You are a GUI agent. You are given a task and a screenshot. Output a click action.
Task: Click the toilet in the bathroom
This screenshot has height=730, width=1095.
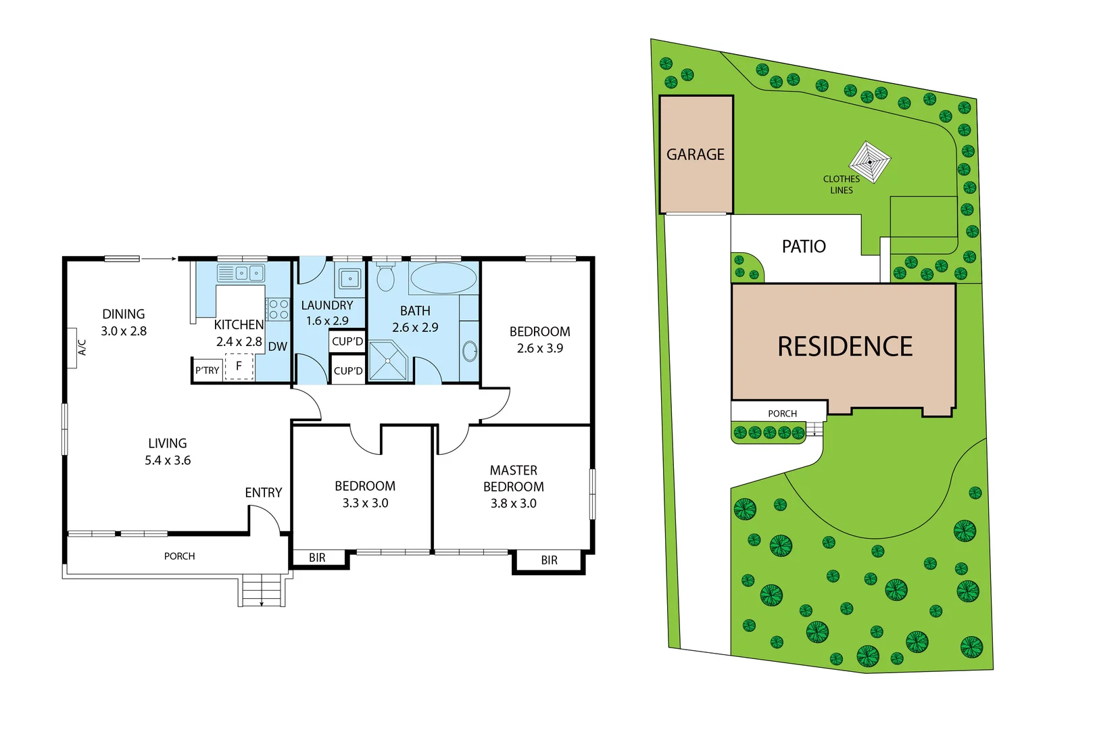[x=385, y=277]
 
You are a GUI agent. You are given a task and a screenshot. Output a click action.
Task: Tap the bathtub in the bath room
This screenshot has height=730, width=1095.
[x=443, y=278]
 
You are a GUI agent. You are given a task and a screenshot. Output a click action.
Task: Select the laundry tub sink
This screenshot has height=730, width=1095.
[x=350, y=278]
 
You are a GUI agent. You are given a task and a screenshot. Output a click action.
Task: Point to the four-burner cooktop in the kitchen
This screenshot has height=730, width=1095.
[x=278, y=310]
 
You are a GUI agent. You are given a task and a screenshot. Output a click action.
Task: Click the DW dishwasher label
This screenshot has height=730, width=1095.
[x=277, y=347]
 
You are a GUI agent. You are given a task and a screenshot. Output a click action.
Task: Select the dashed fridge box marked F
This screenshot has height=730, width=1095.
[x=239, y=366]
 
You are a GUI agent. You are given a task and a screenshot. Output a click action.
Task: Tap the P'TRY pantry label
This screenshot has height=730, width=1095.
[x=207, y=370]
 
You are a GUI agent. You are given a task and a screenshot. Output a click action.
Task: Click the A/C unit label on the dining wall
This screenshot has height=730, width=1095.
[x=82, y=347]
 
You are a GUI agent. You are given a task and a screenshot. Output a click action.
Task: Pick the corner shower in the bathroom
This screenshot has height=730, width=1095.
[x=388, y=361]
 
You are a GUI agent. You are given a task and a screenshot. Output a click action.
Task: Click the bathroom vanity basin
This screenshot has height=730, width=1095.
[x=469, y=351]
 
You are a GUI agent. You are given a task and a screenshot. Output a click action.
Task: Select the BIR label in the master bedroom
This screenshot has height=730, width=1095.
[x=549, y=560]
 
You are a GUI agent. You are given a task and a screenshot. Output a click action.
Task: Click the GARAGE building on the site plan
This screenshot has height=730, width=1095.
[x=696, y=155]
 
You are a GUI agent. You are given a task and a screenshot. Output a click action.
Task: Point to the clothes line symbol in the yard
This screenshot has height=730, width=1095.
[x=870, y=162]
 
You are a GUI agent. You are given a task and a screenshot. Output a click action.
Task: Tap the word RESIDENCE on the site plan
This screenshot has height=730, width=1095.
[x=845, y=347]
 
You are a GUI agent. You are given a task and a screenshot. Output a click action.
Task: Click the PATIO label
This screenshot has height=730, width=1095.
[x=804, y=247]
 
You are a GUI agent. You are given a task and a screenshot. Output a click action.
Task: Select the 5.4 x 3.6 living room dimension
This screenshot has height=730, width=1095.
[x=168, y=460]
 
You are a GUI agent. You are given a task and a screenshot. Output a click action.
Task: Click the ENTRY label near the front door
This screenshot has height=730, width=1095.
[x=263, y=493]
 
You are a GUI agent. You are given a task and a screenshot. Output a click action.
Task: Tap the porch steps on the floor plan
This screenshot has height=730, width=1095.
[x=262, y=591]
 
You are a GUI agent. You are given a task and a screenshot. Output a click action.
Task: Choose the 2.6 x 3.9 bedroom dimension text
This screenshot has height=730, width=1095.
[x=539, y=348]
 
